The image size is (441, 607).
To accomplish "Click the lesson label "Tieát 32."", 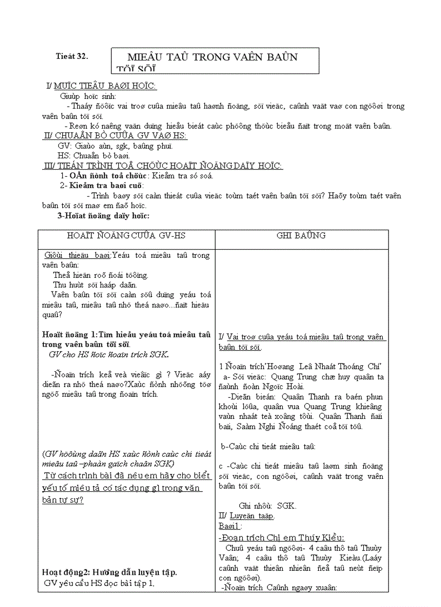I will (72, 56).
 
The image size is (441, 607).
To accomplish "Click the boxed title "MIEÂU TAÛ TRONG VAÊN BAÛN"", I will (212, 57).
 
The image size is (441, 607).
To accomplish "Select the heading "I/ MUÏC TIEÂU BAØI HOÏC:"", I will (102, 86).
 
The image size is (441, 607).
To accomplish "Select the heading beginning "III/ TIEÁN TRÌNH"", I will (164, 165).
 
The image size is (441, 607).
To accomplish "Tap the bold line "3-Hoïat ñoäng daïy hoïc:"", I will (103, 216).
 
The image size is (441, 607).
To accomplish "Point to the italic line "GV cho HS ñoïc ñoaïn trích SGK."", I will (109, 355).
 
